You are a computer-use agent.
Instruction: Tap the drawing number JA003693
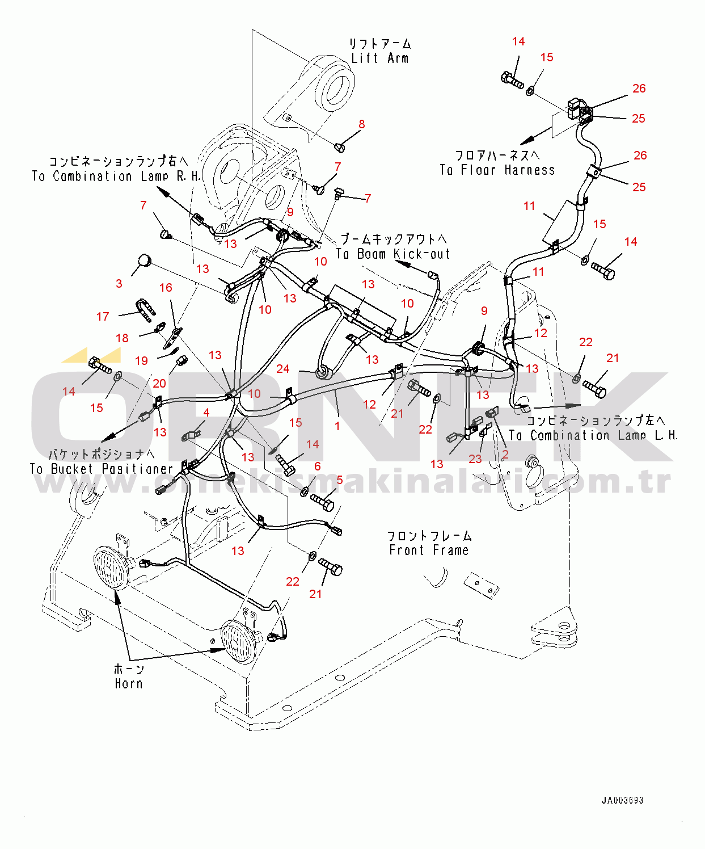(x=622, y=800)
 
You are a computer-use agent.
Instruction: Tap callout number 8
(x=361, y=124)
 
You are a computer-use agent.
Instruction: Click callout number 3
(x=119, y=283)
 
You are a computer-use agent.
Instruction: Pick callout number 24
(x=283, y=369)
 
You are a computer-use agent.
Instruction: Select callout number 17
(x=103, y=317)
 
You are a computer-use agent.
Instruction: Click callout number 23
(x=475, y=459)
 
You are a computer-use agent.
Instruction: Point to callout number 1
(x=337, y=426)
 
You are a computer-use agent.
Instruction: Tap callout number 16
(x=166, y=288)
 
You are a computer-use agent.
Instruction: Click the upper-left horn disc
(x=112, y=568)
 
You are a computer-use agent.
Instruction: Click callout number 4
(x=206, y=413)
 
